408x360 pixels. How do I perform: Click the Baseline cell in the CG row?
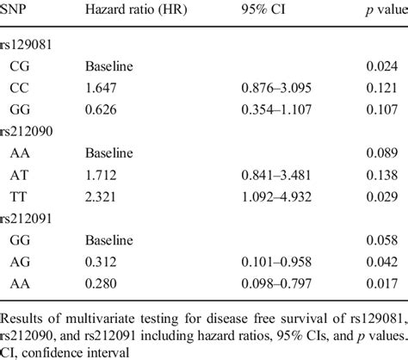tap(108, 65)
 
